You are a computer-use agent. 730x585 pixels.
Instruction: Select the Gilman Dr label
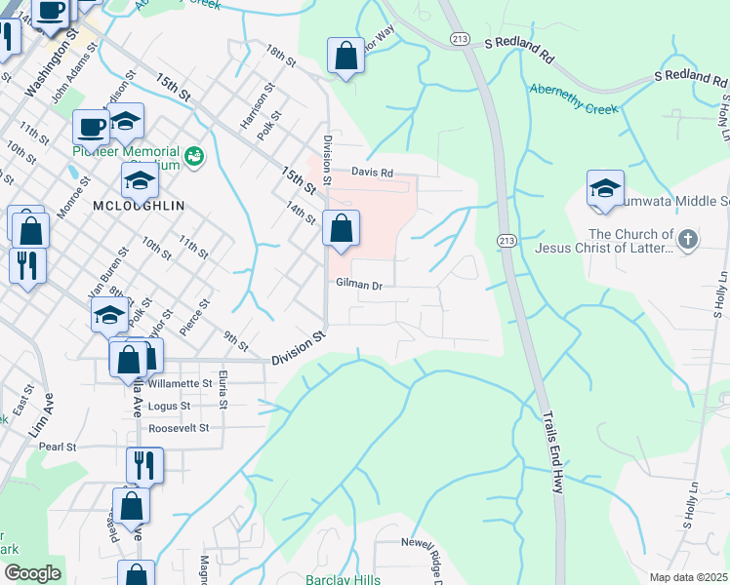coord(358,285)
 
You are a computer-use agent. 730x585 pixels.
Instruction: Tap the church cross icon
coord(688,240)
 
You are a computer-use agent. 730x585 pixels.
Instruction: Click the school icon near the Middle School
coord(605,189)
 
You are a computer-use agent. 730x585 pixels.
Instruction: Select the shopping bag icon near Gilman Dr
coord(341,231)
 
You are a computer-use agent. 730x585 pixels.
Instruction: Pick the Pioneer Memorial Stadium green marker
coord(194,155)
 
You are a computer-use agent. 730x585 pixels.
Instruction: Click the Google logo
coord(32,572)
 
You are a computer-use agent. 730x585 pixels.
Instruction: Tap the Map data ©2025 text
coord(688,576)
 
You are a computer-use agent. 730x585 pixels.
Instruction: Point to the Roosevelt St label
coord(178,428)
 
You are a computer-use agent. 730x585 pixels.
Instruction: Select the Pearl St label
coord(58,447)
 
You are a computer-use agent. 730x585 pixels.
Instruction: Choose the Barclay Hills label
coord(342,579)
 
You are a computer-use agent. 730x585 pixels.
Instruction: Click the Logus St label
coord(170,406)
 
